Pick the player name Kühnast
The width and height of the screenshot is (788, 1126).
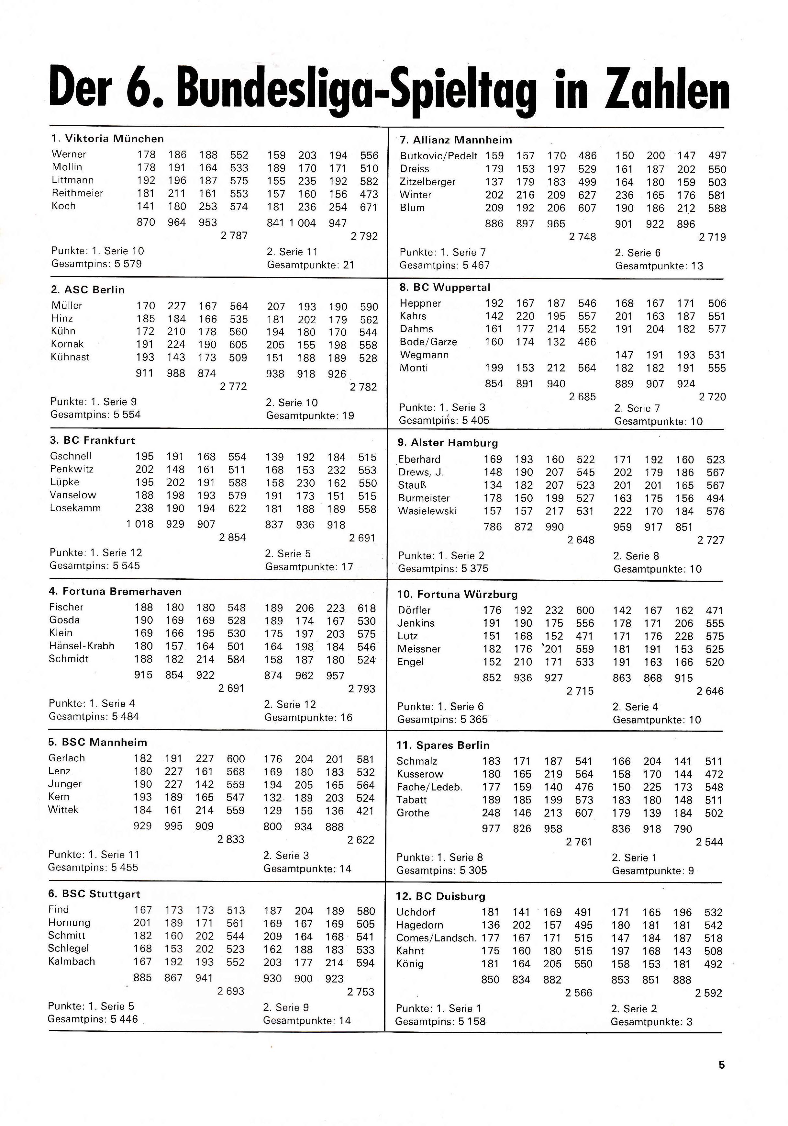70,357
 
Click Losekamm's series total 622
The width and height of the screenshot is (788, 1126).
237,508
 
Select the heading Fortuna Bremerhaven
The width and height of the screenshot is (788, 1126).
115,591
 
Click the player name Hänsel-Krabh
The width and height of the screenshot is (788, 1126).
81,646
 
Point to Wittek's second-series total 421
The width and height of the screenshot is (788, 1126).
365,811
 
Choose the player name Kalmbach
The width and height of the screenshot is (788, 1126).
72,961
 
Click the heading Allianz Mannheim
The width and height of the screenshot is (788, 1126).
456,140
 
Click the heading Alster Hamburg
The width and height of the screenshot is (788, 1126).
448,443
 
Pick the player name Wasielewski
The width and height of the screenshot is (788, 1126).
427,511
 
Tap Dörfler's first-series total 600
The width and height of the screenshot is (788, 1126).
585,610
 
